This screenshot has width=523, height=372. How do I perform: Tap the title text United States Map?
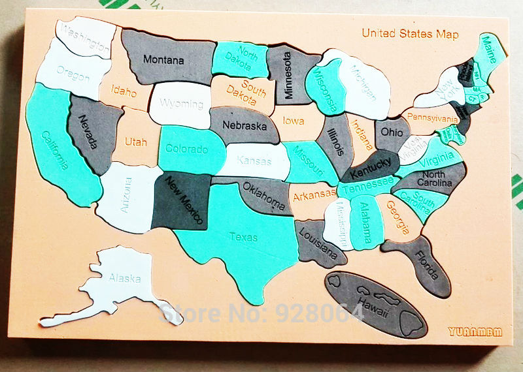[410, 34]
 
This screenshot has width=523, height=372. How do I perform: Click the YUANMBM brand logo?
[475, 331]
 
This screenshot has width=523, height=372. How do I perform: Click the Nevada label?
[88, 131]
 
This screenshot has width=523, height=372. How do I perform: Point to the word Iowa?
[294, 121]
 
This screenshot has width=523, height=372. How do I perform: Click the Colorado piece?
[186, 149]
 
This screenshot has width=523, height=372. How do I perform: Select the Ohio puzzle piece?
[392, 132]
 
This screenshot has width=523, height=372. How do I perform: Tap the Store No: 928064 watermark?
[261, 313]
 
